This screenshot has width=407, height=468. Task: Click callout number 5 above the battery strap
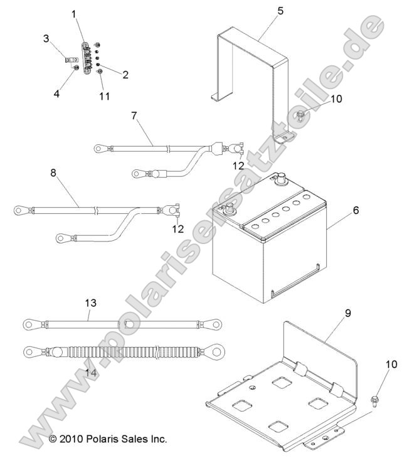point(280,11)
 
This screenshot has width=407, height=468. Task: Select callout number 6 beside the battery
point(356,210)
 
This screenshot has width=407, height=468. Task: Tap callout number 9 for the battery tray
point(348,313)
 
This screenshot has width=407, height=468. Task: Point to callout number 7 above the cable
point(134,115)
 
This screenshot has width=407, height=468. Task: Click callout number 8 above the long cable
point(53,173)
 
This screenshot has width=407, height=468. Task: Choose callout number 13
point(91,303)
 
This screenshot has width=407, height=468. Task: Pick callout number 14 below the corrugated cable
point(91,373)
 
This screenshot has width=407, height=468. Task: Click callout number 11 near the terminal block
point(105,96)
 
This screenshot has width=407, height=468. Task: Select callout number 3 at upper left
point(46,38)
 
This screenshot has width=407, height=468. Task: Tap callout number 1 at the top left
point(74,14)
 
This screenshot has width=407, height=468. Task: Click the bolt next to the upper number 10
point(300,115)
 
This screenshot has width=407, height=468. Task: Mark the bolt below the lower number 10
point(374,400)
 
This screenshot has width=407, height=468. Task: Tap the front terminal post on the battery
point(229,208)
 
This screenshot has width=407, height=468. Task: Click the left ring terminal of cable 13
point(32,324)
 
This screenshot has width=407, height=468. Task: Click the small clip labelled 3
point(70,61)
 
